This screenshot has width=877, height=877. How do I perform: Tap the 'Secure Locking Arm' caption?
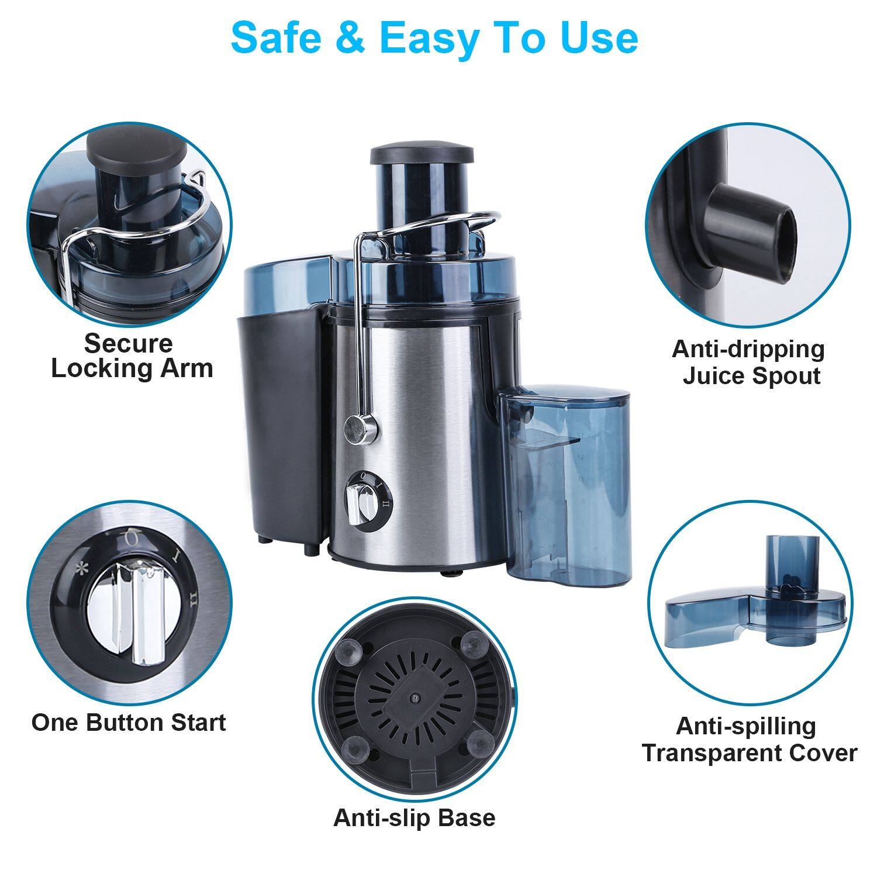pyautogui.click(x=132, y=356)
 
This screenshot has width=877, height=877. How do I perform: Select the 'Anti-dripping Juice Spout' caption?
pyautogui.click(x=749, y=362)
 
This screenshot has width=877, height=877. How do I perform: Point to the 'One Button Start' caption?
pyautogui.click(x=129, y=723)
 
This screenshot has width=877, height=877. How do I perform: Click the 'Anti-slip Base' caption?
pyautogui.click(x=414, y=817)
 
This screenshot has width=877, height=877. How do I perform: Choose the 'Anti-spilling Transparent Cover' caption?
pyautogui.click(x=749, y=740)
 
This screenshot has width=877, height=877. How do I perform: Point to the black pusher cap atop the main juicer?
pyautogui.click(x=421, y=154)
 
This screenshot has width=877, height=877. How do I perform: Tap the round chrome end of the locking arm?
pyautogui.click(x=354, y=427)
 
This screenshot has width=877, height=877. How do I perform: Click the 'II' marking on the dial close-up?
pyautogui.click(x=193, y=597)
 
